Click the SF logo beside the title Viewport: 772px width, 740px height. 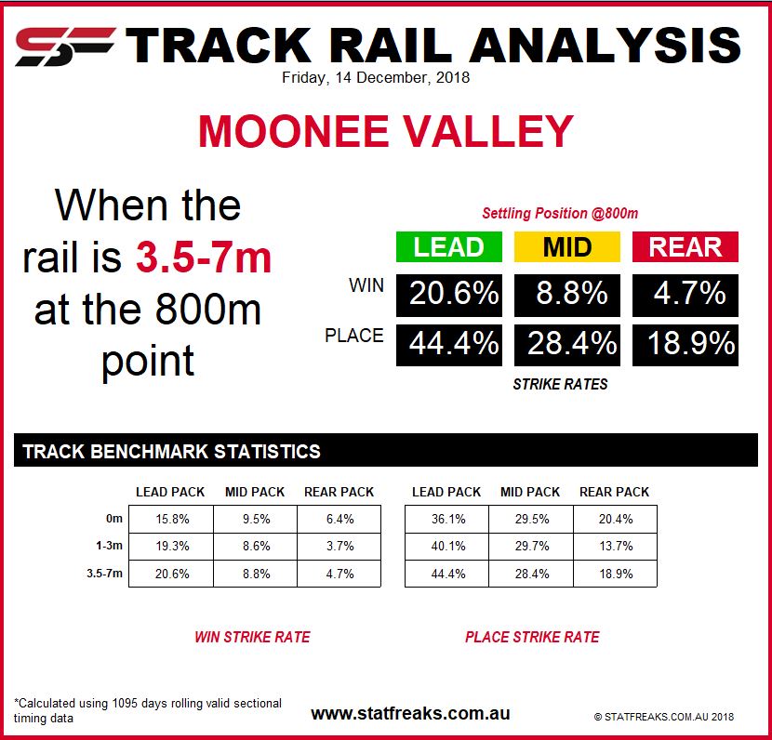65,46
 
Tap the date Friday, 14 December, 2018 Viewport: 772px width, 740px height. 376,78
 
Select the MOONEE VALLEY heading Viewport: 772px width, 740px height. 386,131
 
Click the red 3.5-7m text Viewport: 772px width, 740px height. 204,258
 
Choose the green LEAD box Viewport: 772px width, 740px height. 449,246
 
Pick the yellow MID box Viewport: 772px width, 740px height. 567,246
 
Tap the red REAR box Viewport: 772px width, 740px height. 685,246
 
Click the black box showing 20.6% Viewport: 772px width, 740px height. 449,296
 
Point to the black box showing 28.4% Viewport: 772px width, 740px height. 567,345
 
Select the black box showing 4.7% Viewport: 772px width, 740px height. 685,296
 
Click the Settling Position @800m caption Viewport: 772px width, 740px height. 560,213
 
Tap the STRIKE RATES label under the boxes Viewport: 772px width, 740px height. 560,384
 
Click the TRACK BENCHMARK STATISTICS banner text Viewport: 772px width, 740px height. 172,451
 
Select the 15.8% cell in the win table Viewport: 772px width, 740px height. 171,519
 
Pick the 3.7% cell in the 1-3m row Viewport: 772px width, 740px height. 339,546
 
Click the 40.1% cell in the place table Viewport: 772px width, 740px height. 447,546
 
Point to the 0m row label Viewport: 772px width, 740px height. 114,518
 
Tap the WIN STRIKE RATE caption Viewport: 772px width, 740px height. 252,637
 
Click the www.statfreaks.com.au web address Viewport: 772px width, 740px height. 410,713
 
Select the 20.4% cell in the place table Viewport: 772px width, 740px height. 616,519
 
